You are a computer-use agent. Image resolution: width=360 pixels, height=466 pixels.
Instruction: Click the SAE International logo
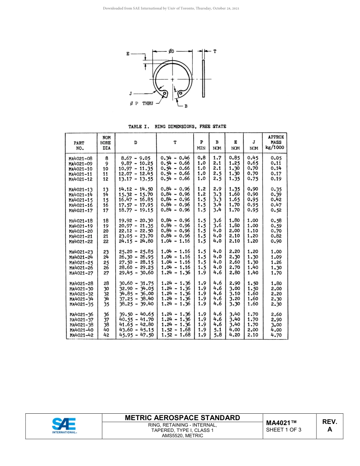[x=64, y=425]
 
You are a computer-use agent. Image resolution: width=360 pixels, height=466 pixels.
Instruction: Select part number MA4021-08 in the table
[x=80, y=158]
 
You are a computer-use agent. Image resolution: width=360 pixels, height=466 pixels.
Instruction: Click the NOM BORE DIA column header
[x=106, y=143]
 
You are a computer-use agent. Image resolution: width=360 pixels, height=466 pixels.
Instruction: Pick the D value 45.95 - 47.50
[x=136, y=335]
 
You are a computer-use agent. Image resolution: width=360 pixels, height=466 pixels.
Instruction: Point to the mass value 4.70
[x=276, y=335]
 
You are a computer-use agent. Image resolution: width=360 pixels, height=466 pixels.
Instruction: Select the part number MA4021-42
[x=81, y=335]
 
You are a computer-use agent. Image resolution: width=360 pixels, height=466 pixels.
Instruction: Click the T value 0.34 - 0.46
[x=175, y=158]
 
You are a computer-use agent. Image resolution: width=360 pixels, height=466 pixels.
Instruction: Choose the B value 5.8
[x=217, y=335]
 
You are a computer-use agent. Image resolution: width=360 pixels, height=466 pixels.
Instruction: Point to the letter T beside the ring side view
[x=214, y=51]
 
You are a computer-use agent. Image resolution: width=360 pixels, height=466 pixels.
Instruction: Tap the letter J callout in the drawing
[x=131, y=93]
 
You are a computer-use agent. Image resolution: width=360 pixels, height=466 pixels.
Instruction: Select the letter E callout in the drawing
[x=128, y=54]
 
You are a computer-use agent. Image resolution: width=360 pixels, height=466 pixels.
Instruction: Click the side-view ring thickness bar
[x=203, y=78]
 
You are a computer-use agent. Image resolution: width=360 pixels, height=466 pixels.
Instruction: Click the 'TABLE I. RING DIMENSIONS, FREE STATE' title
[x=177, y=127]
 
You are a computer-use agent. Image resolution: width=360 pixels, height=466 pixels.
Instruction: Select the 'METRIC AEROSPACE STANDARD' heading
[x=182, y=418]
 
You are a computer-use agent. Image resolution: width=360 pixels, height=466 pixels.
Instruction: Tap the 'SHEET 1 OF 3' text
[x=283, y=430]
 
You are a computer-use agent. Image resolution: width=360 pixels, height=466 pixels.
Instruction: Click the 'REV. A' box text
[x=329, y=425]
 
